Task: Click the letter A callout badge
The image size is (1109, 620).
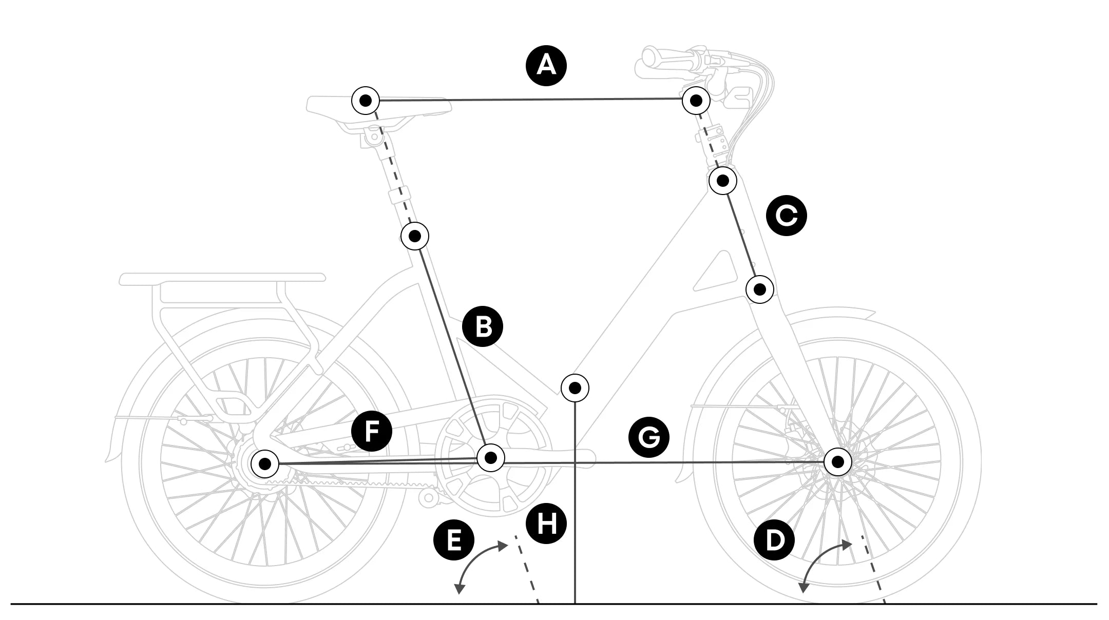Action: pyautogui.click(x=546, y=66)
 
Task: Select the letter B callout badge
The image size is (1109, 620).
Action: pyautogui.click(x=483, y=326)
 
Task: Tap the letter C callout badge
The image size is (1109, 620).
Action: pyautogui.click(x=786, y=216)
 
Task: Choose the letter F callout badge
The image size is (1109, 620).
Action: pyautogui.click(x=372, y=431)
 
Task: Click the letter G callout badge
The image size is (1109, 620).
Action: pyautogui.click(x=649, y=437)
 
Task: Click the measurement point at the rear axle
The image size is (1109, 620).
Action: pyautogui.click(x=265, y=464)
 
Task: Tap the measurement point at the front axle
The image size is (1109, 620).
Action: pyautogui.click(x=838, y=462)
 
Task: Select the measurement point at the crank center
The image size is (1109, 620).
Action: pyautogui.click(x=491, y=457)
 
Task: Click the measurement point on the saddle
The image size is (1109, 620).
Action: pyautogui.click(x=366, y=101)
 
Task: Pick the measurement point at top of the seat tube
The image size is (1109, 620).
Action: pyautogui.click(x=415, y=236)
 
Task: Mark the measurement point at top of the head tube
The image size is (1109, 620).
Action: pyautogui.click(x=723, y=180)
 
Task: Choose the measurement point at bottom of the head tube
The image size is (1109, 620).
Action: pyautogui.click(x=760, y=289)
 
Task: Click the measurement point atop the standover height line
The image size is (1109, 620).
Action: pyautogui.click(x=575, y=388)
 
